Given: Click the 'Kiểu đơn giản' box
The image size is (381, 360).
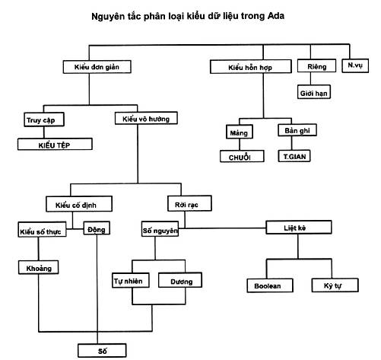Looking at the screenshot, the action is [97, 67].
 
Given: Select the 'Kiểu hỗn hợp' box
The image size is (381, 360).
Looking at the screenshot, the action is [251, 67].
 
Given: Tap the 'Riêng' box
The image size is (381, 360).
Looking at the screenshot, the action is [316, 66].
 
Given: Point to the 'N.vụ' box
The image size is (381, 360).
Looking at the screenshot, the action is [355, 66].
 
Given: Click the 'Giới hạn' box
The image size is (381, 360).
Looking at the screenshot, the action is [314, 92].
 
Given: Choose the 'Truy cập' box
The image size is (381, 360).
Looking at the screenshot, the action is [44, 119].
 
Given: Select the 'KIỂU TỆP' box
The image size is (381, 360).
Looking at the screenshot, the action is [55, 144].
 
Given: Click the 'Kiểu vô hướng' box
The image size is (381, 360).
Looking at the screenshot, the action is [146, 118].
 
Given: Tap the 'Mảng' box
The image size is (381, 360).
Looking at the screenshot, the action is [240, 132].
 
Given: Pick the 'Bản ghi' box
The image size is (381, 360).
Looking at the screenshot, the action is [297, 130].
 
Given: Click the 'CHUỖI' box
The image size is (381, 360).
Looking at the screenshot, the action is [242, 156].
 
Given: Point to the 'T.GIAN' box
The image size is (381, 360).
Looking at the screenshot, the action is [294, 156].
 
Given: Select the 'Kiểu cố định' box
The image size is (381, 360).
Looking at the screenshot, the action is [79, 204].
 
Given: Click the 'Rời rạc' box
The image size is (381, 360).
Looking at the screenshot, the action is [189, 203].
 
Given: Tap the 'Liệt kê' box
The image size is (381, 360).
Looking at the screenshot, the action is [299, 228].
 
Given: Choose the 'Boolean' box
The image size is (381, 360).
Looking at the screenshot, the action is [270, 285].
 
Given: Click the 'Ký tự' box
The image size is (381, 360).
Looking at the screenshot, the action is [335, 285].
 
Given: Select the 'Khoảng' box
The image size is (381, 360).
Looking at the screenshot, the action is [39, 268].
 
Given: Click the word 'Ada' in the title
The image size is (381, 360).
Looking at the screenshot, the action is [276, 16].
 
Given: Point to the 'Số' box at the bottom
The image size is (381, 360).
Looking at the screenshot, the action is [102, 351].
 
